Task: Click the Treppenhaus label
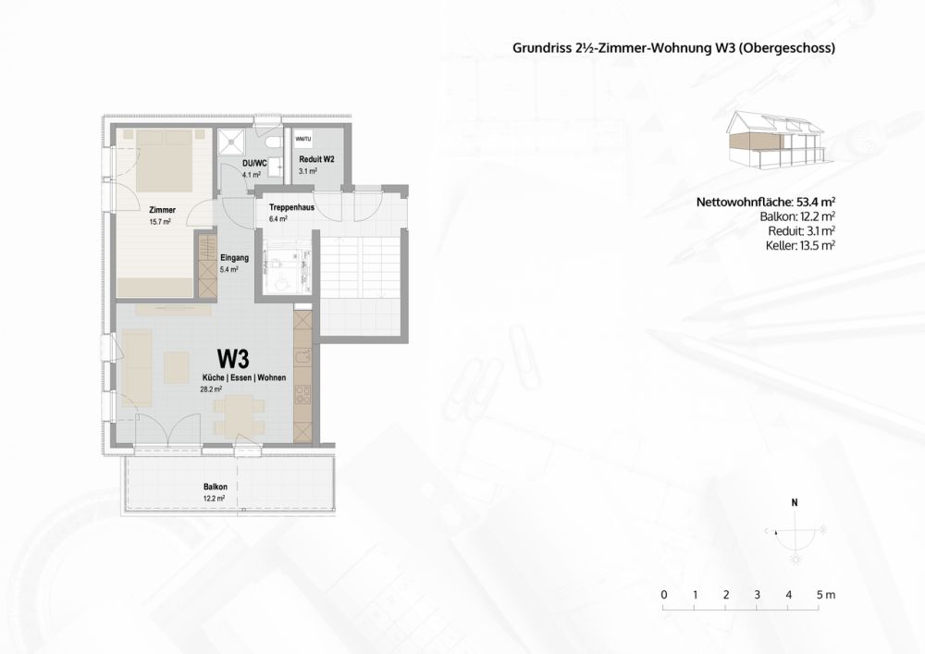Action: pos(290,208)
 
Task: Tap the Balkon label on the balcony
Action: pos(216,487)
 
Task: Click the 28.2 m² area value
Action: pos(212,390)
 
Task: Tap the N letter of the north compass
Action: pos(794,504)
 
